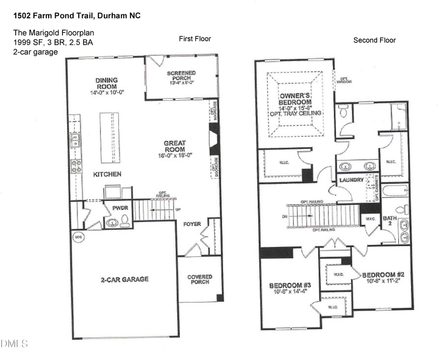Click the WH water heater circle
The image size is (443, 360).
click(x=78, y=237)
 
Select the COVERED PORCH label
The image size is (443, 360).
click(x=199, y=279)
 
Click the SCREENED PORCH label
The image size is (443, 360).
click(x=181, y=76)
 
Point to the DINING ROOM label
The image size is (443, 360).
click(x=106, y=83)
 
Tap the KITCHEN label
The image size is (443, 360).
click(x=107, y=174)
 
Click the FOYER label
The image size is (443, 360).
click(x=192, y=224)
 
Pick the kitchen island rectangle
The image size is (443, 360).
click(x=110, y=137)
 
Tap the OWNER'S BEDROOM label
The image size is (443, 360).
click(x=295, y=98)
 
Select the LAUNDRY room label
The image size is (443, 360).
click(x=351, y=180)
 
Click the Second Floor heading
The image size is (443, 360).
click(x=374, y=40)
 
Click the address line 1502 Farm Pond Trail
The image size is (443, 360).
click(x=77, y=16)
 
